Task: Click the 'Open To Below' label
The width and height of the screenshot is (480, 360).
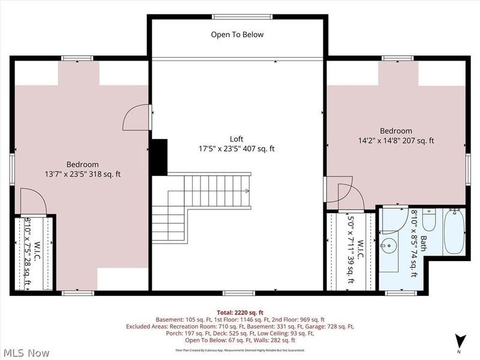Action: [x=237, y=35]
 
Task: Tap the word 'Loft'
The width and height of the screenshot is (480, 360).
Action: [x=236, y=139]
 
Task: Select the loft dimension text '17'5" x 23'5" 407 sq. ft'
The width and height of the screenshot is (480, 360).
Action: [x=236, y=148]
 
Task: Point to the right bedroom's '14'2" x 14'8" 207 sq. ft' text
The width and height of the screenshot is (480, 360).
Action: [x=392, y=141]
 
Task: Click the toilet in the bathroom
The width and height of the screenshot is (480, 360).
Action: [x=428, y=221]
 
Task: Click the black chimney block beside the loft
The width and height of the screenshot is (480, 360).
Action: [x=159, y=158]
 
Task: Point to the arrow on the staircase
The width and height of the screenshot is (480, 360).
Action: [x=247, y=191]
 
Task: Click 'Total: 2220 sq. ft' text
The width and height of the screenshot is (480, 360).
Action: [x=239, y=311]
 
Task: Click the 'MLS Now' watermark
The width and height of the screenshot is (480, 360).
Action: [x=25, y=352]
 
